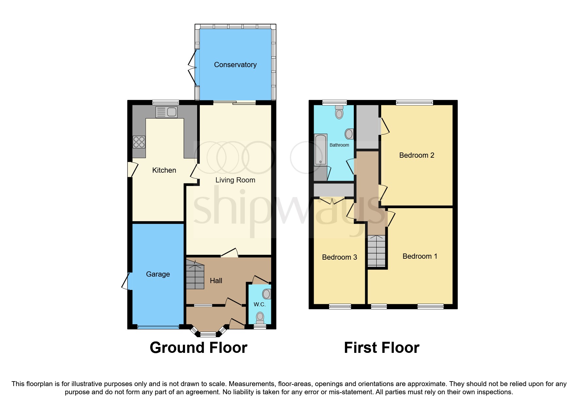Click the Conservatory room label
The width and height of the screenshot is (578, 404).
pyautogui.click(x=235, y=65)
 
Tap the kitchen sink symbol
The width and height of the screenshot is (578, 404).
pyautogui.click(x=166, y=112)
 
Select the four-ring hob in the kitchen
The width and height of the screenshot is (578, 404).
pyautogui.click(x=139, y=142)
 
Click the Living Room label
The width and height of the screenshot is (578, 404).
pyautogui.click(x=235, y=180)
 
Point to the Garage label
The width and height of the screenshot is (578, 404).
pyautogui.click(x=158, y=274)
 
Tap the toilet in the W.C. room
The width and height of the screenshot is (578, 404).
pyautogui.click(x=260, y=317)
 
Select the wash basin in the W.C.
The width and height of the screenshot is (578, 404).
pyautogui.click(x=267, y=294)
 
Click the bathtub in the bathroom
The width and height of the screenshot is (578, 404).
pyautogui.click(x=320, y=150)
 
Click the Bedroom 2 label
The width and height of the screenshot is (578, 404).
pyautogui.click(x=416, y=155)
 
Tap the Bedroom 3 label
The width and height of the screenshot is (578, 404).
pyautogui.click(x=339, y=257)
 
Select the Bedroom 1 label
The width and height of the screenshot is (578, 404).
pyautogui.click(x=420, y=256)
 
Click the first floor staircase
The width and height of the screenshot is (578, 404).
pyautogui.click(x=377, y=251)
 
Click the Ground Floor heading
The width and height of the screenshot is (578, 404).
pyautogui.click(x=198, y=348)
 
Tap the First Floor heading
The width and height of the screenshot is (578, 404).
pyautogui.click(x=382, y=348)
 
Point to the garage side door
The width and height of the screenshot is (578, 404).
pyautogui.click(x=126, y=281)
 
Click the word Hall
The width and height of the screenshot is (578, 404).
pyautogui.click(x=216, y=281)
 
